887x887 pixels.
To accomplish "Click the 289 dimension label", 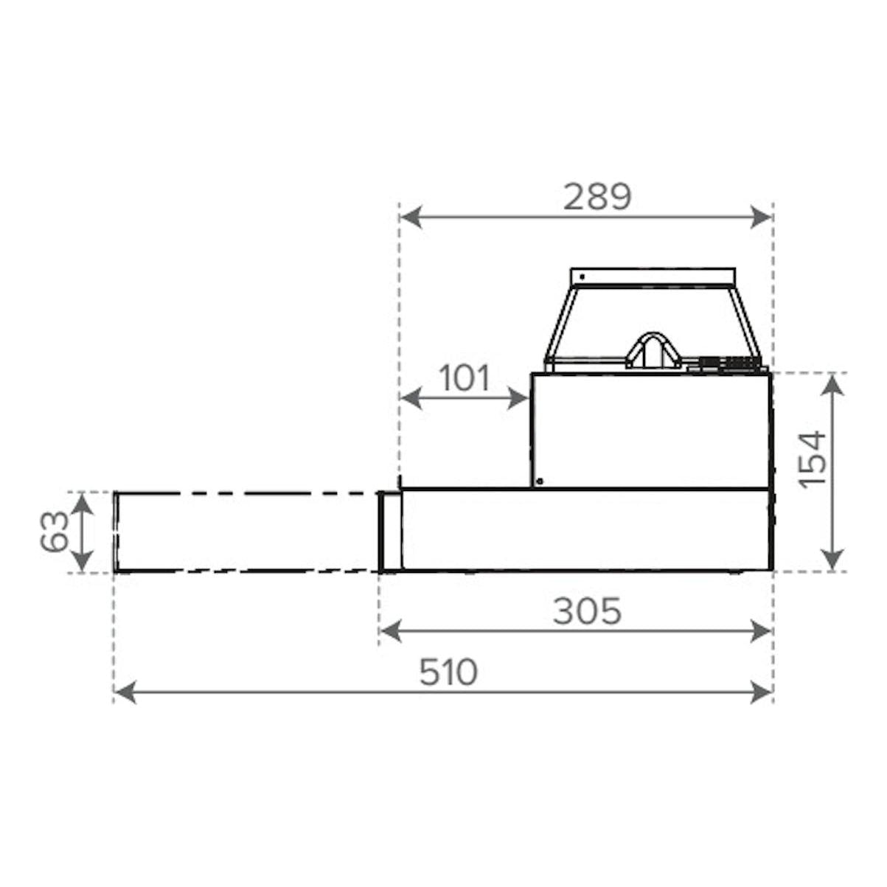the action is (597, 197).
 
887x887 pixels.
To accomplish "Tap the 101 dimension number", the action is (465, 378).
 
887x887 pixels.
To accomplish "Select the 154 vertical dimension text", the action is (812, 460).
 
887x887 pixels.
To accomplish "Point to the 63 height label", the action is (55, 532).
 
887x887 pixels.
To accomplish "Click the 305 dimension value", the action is (587, 611).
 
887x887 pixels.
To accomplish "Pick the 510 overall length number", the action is (449, 672).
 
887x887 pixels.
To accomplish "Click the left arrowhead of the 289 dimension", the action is (411, 217).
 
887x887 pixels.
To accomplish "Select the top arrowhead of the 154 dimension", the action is (832, 385).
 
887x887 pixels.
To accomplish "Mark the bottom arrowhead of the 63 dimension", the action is (83, 560).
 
